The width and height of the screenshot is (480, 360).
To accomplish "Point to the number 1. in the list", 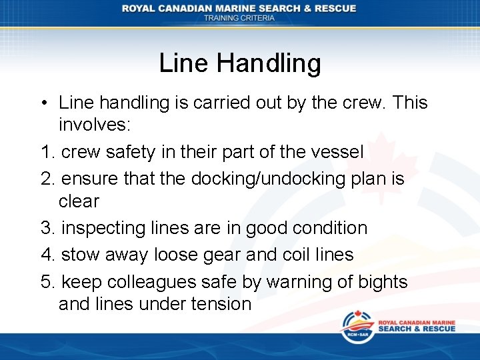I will [48, 153].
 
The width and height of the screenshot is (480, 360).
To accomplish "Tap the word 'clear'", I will [79, 201].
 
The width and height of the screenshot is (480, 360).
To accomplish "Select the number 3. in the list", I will [48, 228].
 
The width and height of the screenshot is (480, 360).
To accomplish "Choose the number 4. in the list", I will [48, 255].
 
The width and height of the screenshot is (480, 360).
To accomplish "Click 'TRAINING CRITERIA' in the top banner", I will [239, 19].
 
